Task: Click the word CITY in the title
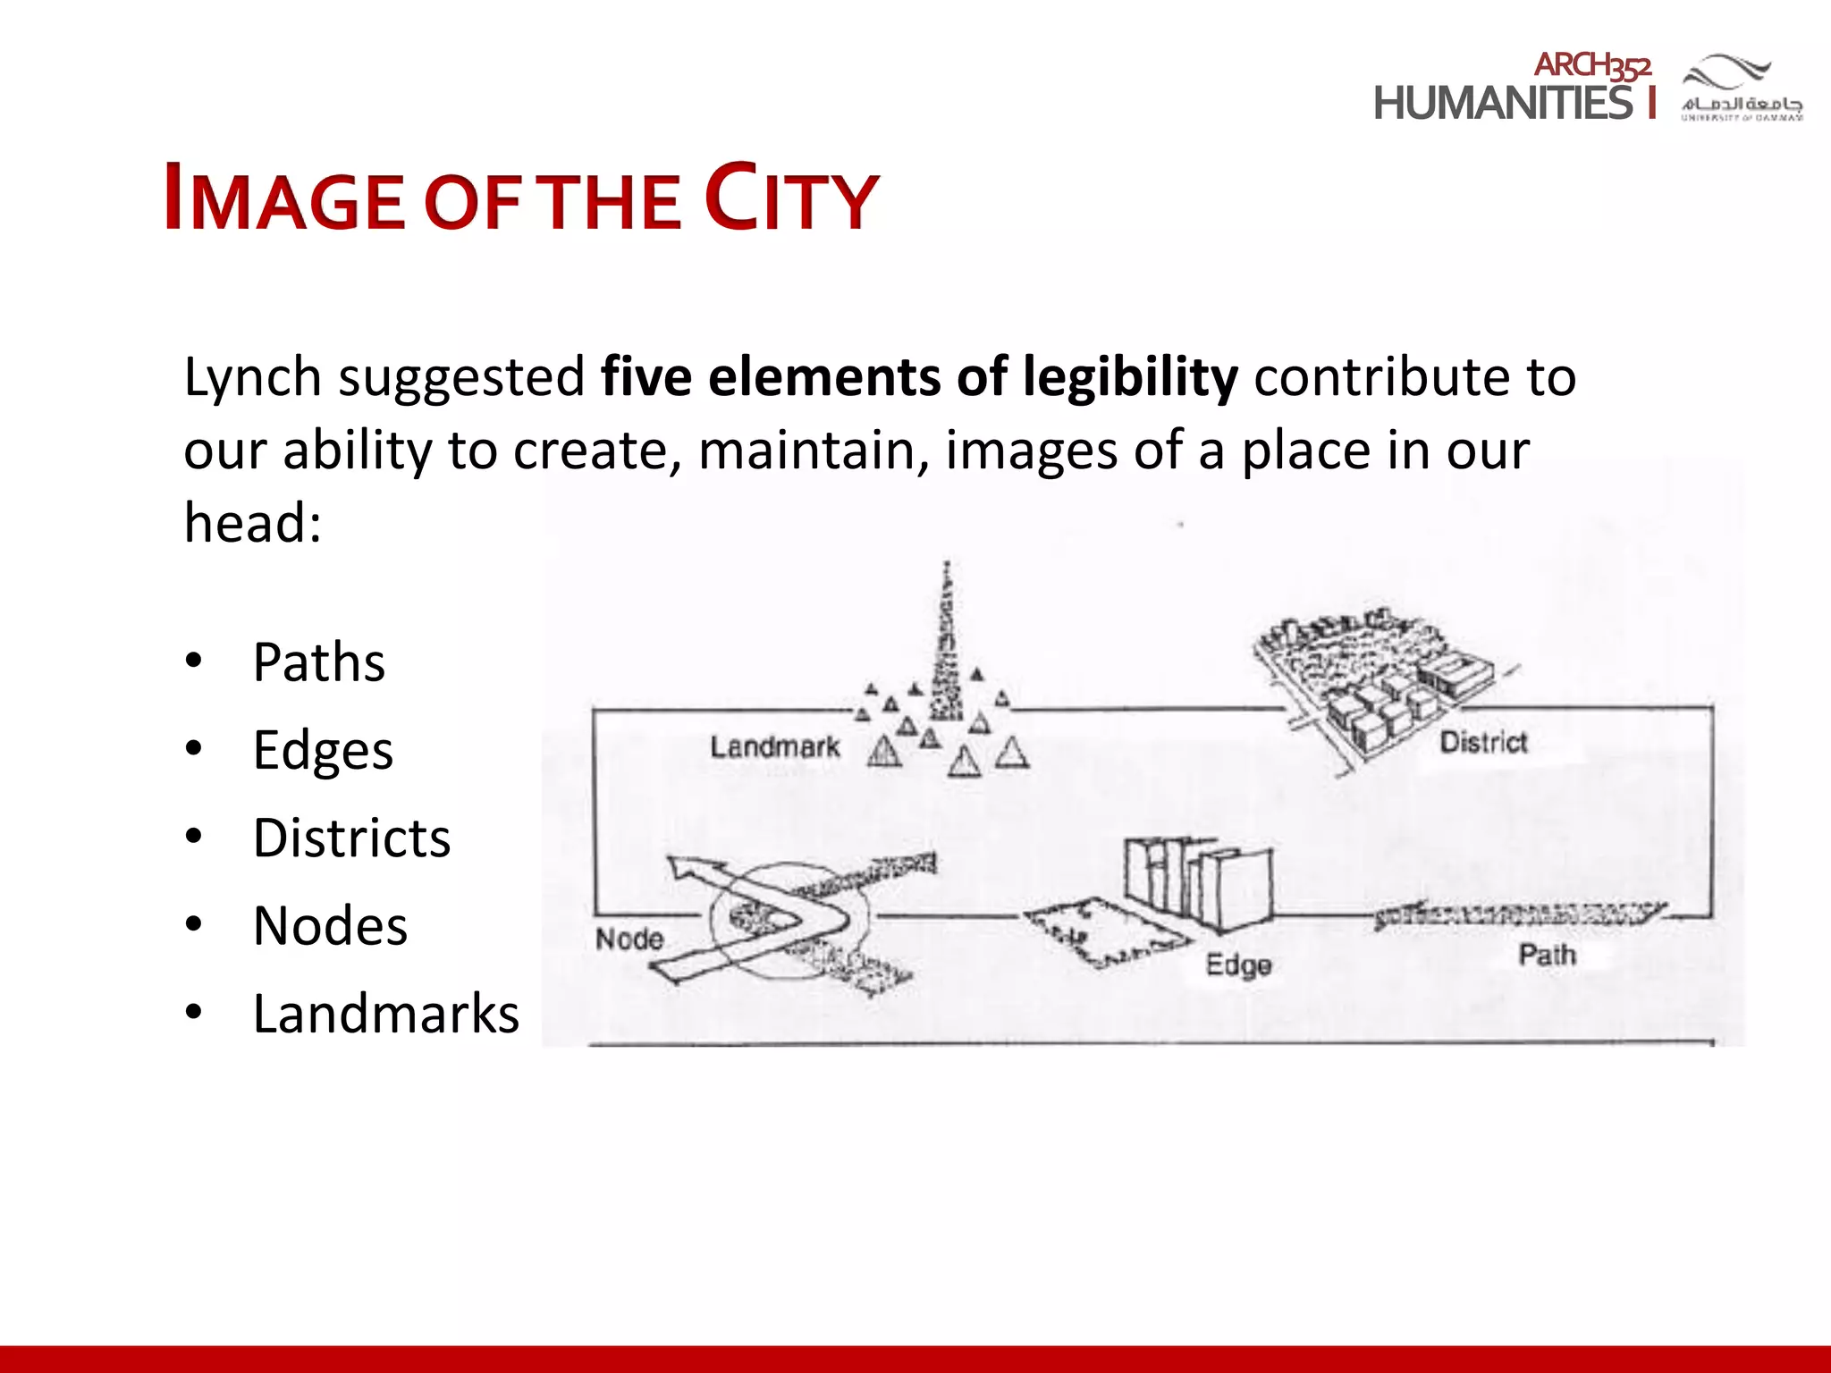click(791, 198)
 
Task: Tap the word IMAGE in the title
click(284, 198)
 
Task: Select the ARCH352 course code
click(1592, 65)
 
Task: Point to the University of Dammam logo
click(1741, 88)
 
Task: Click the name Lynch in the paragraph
click(252, 377)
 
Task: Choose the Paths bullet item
click(318, 662)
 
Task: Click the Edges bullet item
click(323, 750)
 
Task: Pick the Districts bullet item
click(351, 838)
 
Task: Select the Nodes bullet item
click(330, 925)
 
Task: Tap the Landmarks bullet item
click(385, 1013)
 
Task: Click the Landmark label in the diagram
click(774, 747)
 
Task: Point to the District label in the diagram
click(1483, 742)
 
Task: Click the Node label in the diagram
click(629, 939)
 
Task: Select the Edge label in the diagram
click(1238, 964)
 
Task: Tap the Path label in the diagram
click(1547, 955)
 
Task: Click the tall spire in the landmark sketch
click(946, 644)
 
